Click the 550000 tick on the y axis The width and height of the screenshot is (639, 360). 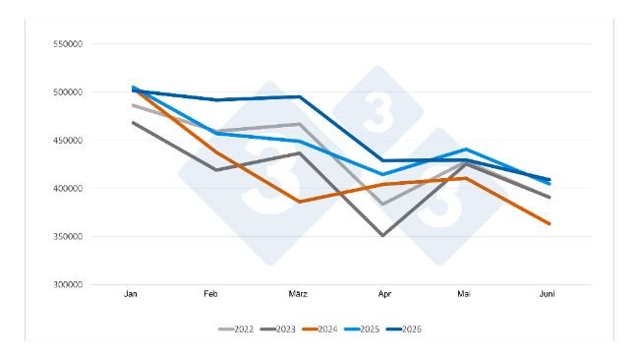tap(68, 44)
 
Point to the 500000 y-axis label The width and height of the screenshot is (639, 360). tap(68, 92)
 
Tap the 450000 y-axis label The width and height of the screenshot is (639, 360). tap(68, 141)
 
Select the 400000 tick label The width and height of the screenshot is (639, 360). tap(68, 188)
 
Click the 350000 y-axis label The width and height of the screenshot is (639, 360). tap(68, 236)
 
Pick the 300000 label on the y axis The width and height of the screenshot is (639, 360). tap(68, 284)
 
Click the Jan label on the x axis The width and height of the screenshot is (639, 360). tap(131, 294)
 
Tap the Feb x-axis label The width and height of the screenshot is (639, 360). tap(210, 294)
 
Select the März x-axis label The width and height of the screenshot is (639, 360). tap(298, 294)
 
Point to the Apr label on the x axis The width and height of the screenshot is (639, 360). tap(384, 294)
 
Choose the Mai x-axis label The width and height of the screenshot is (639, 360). tap(464, 294)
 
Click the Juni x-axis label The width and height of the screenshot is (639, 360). tap(547, 294)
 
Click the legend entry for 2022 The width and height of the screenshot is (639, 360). tap(236, 330)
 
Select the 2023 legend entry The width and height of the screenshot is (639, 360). tap(278, 330)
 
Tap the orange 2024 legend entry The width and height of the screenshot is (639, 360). tap(320, 330)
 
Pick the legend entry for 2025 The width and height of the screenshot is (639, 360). tap(363, 330)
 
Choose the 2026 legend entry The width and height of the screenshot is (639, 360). tap(404, 330)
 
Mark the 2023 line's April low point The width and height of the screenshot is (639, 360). tap(382, 235)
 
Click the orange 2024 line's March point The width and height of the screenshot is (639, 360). tap(300, 202)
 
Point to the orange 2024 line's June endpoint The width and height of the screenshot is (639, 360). tap(550, 223)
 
